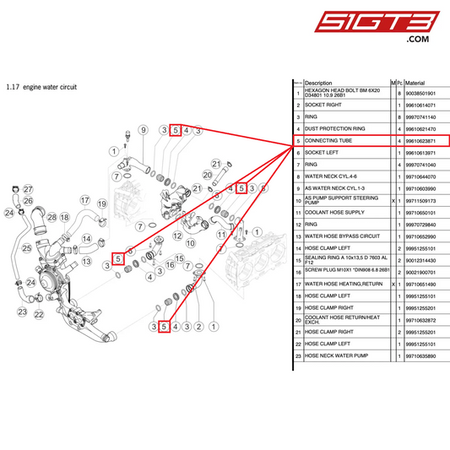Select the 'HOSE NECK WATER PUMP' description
pyautogui.click(x=338, y=357)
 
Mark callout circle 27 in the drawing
pyautogui.click(x=27, y=189)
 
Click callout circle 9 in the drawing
pyautogui.click(x=143, y=130)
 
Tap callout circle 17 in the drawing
pyautogui.click(x=85, y=201)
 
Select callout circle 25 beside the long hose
pyautogui.click(x=27, y=247)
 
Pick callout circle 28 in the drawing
pyautogui.click(x=52, y=218)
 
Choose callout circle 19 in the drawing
pyautogui.click(x=101, y=203)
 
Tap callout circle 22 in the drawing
pyautogui.click(x=39, y=314)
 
